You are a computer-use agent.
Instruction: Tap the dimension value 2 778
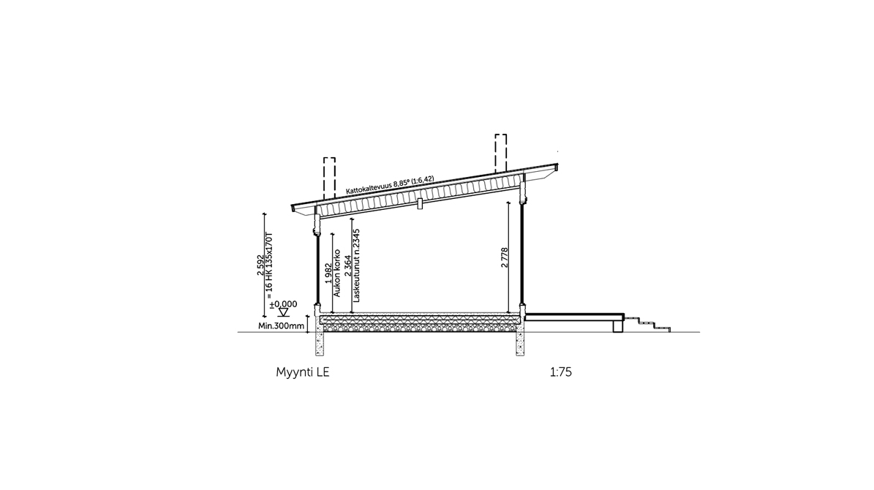[505, 257]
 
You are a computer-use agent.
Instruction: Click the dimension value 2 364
[348, 264]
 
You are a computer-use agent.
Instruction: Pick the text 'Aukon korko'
[336, 273]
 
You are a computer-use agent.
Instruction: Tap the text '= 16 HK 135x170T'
[269, 261]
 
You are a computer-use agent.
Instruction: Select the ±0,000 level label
[283, 304]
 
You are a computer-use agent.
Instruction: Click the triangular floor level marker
[283, 312]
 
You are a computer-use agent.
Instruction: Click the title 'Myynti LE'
[303, 372]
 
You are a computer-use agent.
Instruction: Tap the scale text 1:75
[561, 372]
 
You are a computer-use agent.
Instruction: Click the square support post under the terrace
[617, 326]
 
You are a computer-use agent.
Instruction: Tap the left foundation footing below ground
[320, 338]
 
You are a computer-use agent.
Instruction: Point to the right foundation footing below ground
[520, 338]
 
